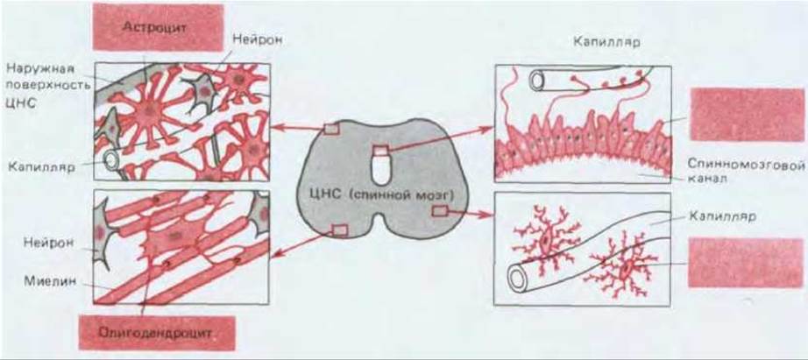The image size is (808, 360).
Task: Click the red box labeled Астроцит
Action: tap(158, 27)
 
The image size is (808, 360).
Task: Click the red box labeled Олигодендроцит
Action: tap(157, 333)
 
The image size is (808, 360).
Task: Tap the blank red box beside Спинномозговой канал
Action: tap(747, 115)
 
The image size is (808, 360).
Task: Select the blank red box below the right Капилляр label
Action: tap(745, 262)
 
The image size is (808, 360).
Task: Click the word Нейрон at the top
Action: tap(257, 39)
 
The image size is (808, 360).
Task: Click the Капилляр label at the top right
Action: tap(606, 42)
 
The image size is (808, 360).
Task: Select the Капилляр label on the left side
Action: tap(42, 167)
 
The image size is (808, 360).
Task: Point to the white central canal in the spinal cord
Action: tap(382, 169)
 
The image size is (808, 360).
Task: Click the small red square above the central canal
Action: tap(381, 151)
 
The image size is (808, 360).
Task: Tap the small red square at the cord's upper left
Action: tap(331, 129)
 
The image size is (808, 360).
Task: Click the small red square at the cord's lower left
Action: tap(341, 229)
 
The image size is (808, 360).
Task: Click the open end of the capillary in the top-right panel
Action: tap(536, 81)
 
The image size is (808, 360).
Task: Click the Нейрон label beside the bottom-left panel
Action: tap(48, 242)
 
